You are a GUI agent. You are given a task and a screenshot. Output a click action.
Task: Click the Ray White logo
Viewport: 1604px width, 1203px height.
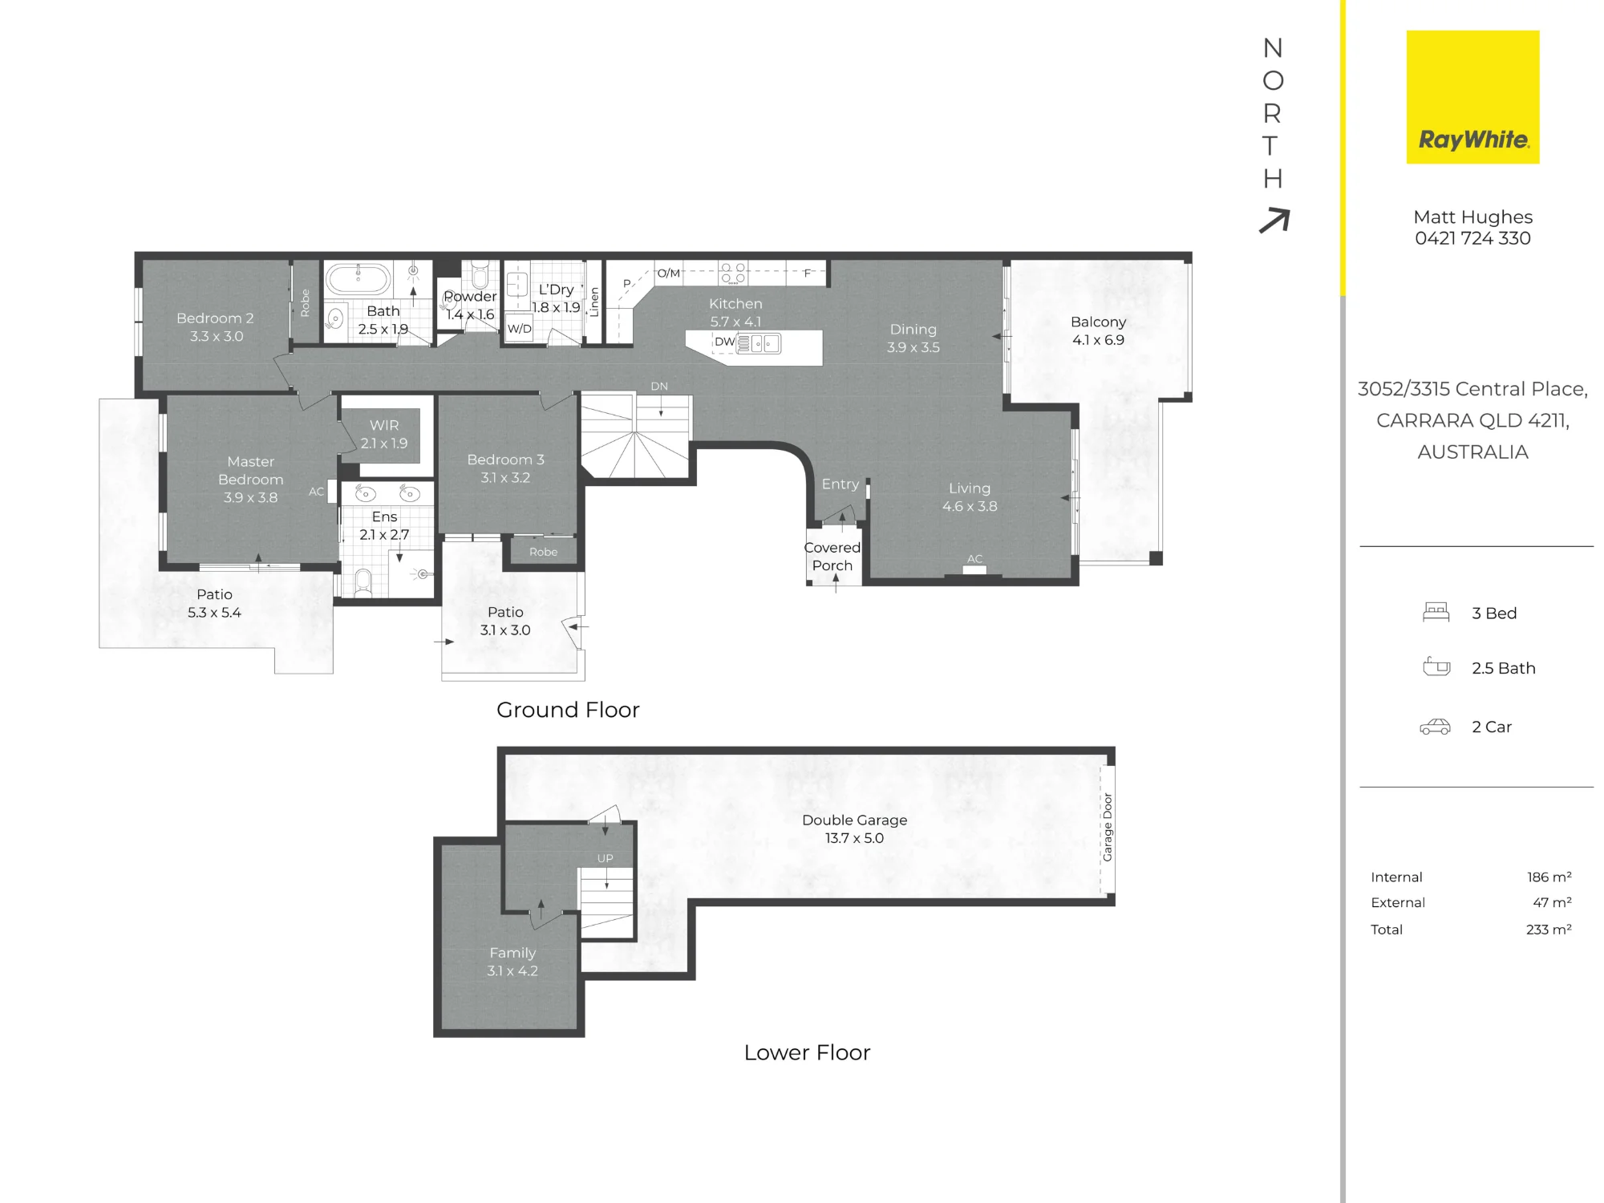tap(1472, 97)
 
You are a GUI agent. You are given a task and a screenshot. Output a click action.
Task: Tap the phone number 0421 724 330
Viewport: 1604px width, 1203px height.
tap(1472, 238)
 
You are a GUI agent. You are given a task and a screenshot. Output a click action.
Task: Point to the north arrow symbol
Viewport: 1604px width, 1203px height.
tap(1274, 220)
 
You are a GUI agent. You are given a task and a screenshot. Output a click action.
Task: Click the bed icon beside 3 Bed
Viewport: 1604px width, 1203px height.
tap(1436, 613)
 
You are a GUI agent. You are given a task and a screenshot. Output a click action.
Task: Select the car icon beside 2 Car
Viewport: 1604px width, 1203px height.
tap(1435, 727)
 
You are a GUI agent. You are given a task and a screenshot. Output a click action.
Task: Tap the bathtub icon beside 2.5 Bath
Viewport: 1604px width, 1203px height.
tap(1436, 666)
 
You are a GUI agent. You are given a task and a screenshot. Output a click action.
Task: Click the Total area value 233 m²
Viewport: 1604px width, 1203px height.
tap(1549, 930)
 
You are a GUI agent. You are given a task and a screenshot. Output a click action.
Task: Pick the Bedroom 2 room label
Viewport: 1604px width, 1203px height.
tap(216, 327)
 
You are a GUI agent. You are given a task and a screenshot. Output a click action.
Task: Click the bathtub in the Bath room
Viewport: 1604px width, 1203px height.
tap(358, 280)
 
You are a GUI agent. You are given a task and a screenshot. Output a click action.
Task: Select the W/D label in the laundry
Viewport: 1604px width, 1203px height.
tap(519, 329)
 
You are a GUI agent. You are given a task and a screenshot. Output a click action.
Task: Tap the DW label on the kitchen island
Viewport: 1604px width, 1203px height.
tap(724, 342)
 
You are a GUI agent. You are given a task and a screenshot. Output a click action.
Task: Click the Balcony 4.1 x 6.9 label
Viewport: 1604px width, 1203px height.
tap(1098, 330)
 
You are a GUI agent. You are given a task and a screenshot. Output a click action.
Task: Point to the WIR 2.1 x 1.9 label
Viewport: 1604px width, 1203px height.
tap(384, 434)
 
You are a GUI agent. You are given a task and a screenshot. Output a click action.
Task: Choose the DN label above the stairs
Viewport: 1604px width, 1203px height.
tap(659, 386)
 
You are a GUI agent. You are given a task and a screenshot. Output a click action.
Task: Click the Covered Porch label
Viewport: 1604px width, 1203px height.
tap(832, 557)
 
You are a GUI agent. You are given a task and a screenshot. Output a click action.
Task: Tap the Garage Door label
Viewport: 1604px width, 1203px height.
tap(1108, 828)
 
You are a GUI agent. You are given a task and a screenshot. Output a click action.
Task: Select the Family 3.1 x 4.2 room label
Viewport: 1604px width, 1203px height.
tap(512, 962)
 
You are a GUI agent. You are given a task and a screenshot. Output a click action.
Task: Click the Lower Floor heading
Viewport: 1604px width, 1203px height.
tap(807, 1052)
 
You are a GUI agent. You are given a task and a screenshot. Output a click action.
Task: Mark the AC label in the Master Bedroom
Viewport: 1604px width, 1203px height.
tap(317, 492)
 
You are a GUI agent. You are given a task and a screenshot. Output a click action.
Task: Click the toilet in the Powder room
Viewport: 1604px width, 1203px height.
tap(480, 273)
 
